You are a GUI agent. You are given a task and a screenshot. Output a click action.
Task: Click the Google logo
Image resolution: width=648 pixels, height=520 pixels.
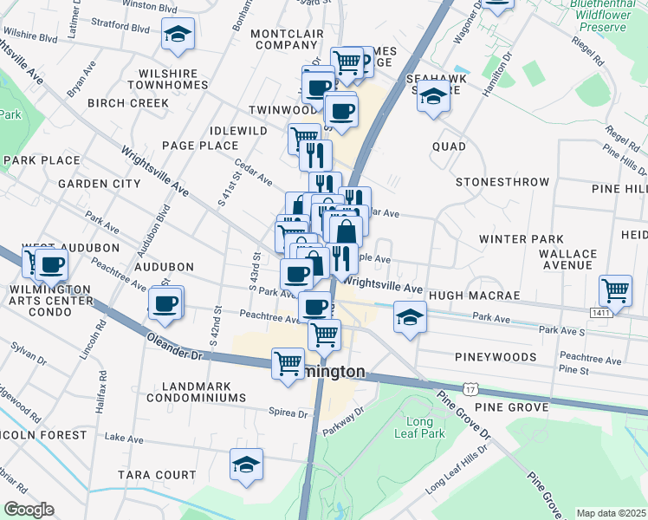point(29,510)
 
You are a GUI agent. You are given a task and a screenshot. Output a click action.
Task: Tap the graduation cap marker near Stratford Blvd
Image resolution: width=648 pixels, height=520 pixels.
point(178,35)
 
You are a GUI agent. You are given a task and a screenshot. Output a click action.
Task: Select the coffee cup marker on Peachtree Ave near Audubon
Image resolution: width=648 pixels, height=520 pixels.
point(165,302)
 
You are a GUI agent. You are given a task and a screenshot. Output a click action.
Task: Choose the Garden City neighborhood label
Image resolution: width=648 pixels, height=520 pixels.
point(99,184)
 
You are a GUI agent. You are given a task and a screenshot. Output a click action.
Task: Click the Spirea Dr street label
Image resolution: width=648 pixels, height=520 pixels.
point(289,413)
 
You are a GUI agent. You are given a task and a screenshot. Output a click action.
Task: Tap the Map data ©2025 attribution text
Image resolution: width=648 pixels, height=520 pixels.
point(610,513)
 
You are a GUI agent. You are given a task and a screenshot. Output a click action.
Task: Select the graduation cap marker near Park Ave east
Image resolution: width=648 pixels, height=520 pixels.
point(410,315)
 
